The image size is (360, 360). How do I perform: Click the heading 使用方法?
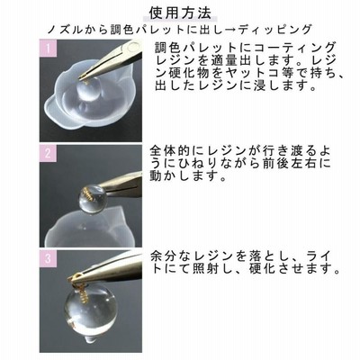[x=180, y=13]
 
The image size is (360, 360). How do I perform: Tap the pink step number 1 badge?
[x=49, y=49]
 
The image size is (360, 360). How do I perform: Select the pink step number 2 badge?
[x=49, y=153]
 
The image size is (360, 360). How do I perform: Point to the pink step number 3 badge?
[x=49, y=258]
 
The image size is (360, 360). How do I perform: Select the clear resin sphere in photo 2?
[x=92, y=199]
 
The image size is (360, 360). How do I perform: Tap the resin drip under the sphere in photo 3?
[x=87, y=338]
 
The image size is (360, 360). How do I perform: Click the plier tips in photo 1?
[x=87, y=74]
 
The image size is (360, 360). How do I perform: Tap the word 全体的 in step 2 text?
[x=166, y=151]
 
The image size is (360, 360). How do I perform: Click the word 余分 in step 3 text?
[x=161, y=256]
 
